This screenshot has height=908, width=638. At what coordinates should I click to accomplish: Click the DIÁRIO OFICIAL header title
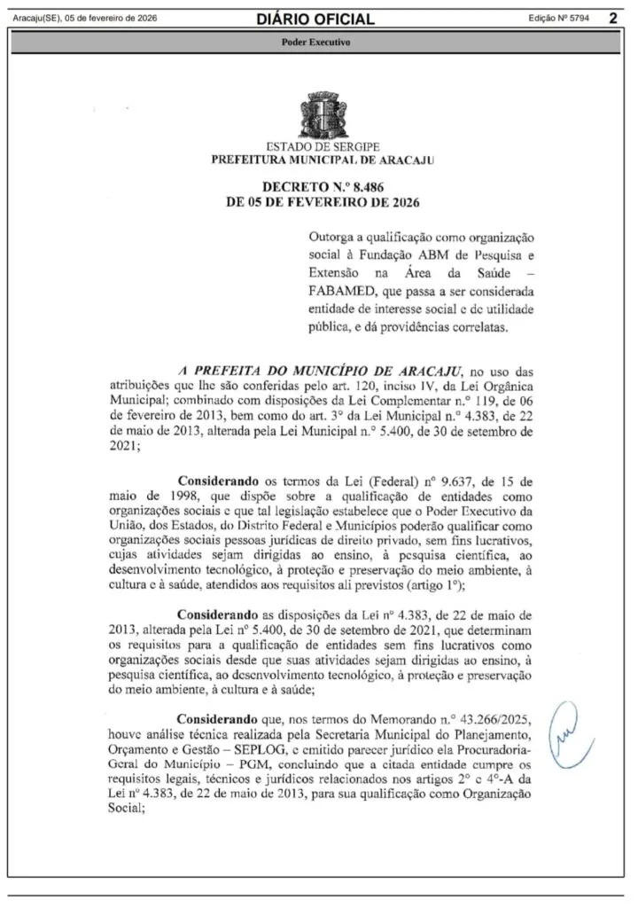[x=315, y=19]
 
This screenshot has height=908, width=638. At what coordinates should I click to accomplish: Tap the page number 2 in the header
[x=612, y=18]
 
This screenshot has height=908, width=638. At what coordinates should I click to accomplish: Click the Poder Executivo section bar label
[x=315, y=42]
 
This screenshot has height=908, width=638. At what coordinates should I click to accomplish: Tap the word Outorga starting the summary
[x=330, y=240]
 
